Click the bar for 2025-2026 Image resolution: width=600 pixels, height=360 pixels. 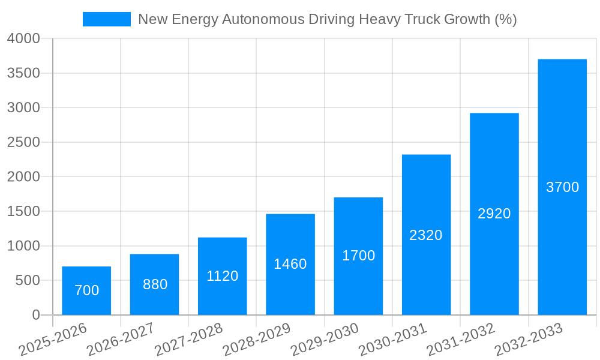(86, 291)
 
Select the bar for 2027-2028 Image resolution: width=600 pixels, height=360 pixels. (223, 276)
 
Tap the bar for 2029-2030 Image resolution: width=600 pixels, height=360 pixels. (358, 256)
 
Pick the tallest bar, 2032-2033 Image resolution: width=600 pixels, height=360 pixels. (562, 187)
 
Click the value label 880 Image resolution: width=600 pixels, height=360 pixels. (155, 284)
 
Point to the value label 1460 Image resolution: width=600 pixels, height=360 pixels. (290, 264)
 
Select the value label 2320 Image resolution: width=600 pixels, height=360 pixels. (426, 235)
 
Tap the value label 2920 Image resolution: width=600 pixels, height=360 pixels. (494, 214)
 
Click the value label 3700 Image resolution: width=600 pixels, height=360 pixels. (562, 187)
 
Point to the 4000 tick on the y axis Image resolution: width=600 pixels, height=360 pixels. (23, 39)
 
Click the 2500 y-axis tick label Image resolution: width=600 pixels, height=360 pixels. (23, 143)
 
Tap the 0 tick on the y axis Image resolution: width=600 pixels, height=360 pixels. (36, 316)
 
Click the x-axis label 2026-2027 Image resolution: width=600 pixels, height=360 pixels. (121, 339)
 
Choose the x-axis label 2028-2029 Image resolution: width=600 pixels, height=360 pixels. (257, 339)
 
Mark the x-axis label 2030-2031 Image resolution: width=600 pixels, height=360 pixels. (392, 339)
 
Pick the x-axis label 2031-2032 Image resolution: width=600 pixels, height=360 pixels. (461, 339)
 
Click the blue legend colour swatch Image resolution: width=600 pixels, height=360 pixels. (107, 19)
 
